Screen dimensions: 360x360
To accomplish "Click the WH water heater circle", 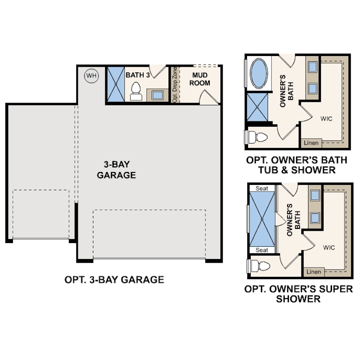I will pos(91,76).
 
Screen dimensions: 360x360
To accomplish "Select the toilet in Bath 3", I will pos(136,91).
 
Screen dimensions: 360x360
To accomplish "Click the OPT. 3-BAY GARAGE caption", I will pos(114,280).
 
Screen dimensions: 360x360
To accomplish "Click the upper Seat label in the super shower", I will pos(262,188).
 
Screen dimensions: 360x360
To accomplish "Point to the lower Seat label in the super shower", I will pos(262,250).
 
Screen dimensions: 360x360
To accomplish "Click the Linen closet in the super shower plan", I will pos(314,272).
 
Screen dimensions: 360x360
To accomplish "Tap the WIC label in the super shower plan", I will pos(329,247).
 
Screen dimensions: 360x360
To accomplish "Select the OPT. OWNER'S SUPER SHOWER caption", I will pos(299,294).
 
